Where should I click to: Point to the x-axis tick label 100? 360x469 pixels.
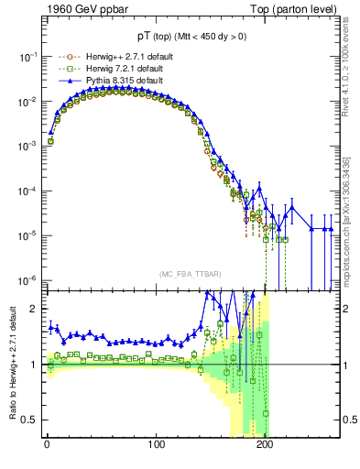coord(157,446)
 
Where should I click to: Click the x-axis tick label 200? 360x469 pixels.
coord(266,446)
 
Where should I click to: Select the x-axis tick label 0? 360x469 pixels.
coord(47,446)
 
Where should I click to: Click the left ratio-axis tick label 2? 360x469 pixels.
coord(35,309)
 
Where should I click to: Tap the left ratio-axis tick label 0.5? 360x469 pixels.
coord(30,420)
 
